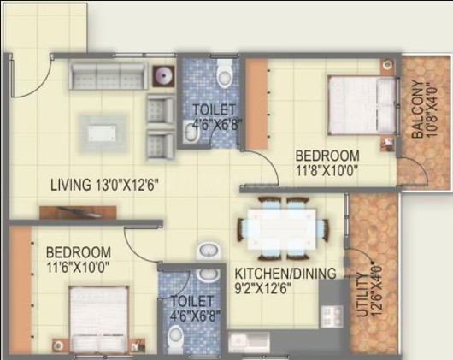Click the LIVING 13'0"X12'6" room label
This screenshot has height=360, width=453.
point(105,185)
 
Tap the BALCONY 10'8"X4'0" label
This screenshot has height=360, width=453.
point(424,109)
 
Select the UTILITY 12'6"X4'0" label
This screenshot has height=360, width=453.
point(370,291)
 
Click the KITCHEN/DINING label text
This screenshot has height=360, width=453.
point(285,274)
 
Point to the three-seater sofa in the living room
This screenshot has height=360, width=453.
point(108,76)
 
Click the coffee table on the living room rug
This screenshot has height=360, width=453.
point(102,133)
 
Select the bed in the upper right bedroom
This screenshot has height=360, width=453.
point(362,105)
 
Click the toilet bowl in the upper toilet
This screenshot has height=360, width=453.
point(225,74)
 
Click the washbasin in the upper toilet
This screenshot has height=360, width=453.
point(191,132)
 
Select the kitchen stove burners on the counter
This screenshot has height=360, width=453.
point(332,316)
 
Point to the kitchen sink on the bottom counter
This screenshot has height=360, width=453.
point(249,341)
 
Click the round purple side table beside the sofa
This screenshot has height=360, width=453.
point(164,76)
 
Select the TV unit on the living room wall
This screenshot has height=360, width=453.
point(78,212)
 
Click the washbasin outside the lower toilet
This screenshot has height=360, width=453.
point(209,251)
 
